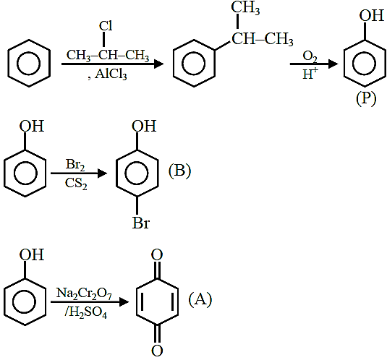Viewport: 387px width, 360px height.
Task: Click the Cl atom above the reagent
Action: [106, 26]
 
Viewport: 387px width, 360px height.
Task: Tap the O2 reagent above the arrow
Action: [310, 56]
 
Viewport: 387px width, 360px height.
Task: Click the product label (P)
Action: [366, 98]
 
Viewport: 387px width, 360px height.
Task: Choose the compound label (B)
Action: [179, 170]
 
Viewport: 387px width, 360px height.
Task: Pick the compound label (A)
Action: [200, 299]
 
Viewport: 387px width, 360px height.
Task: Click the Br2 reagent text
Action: [75, 165]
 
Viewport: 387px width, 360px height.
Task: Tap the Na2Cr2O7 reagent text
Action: [84, 293]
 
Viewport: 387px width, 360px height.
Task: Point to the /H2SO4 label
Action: [86, 313]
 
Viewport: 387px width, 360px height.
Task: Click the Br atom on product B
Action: [141, 223]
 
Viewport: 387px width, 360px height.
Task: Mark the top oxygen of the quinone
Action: [157, 254]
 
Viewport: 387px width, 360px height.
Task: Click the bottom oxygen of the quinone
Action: [157, 351]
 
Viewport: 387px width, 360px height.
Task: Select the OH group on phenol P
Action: [372, 15]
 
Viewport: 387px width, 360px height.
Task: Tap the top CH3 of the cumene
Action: [245, 7]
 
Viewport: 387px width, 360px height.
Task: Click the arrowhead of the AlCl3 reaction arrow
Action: [158, 64]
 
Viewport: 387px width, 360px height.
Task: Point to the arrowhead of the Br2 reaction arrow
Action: [103, 173]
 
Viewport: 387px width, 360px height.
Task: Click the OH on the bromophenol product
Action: [144, 126]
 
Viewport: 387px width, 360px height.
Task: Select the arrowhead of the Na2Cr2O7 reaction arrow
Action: [124, 302]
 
